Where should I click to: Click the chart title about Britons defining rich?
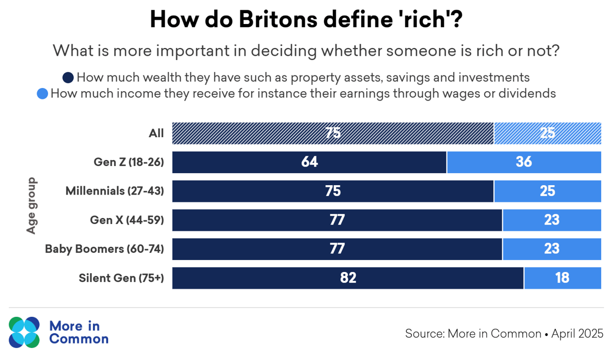click(306, 20)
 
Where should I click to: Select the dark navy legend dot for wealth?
click(68, 77)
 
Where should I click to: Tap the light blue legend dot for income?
click(43, 94)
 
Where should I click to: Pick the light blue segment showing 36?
click(523, 162)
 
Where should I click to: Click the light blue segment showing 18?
click(562, 278)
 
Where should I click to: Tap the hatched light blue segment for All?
click(548, 133)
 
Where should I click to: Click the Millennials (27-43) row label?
click(115, 191)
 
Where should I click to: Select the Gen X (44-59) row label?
click(127, 220)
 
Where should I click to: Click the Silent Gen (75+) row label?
click(121, 278)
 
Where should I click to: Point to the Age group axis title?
click(31, 205)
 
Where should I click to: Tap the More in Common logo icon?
click(25, 332)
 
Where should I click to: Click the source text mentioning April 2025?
click(504, 333)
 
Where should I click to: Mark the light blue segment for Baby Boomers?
click(552, 249)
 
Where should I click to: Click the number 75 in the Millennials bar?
click(333, 191)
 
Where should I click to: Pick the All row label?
click(156, 133)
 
